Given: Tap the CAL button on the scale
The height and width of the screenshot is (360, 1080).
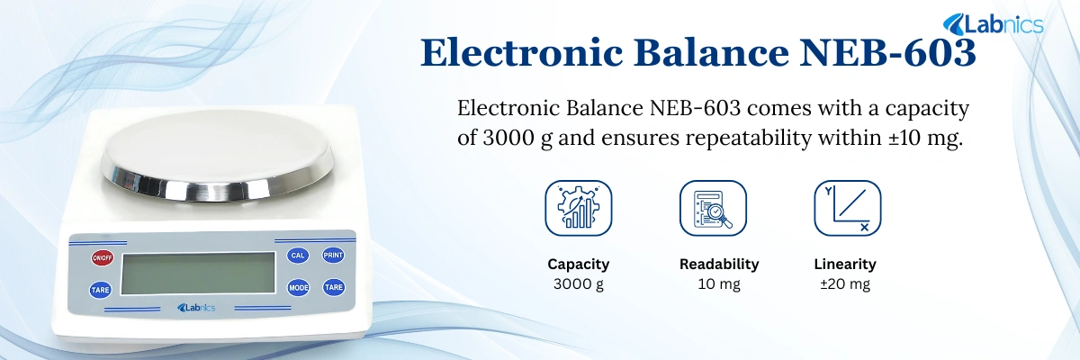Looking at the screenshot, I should [298, 256].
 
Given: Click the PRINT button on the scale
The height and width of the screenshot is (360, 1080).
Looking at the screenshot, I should [333, 256].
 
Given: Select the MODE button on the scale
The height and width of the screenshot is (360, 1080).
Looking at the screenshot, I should [298, 288].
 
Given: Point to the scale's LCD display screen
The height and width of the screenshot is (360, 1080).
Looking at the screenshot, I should [198, 273].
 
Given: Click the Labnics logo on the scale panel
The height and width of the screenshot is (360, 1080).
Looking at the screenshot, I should [196, 309].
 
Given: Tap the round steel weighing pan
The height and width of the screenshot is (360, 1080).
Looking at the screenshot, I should [217, 153].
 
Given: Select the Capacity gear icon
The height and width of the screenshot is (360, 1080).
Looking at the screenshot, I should [579, 208].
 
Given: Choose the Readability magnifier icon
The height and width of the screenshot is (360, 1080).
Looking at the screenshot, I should [713, 208].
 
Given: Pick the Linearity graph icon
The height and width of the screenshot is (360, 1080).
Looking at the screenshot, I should [847, 208].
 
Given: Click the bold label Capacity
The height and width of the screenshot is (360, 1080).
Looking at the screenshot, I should [579, 265].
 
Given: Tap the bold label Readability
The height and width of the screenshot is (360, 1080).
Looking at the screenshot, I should [719, 265].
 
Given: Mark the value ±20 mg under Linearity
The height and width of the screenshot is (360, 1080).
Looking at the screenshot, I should [845, 285].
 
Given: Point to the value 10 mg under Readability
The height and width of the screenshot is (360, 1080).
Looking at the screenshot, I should [719, 285].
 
